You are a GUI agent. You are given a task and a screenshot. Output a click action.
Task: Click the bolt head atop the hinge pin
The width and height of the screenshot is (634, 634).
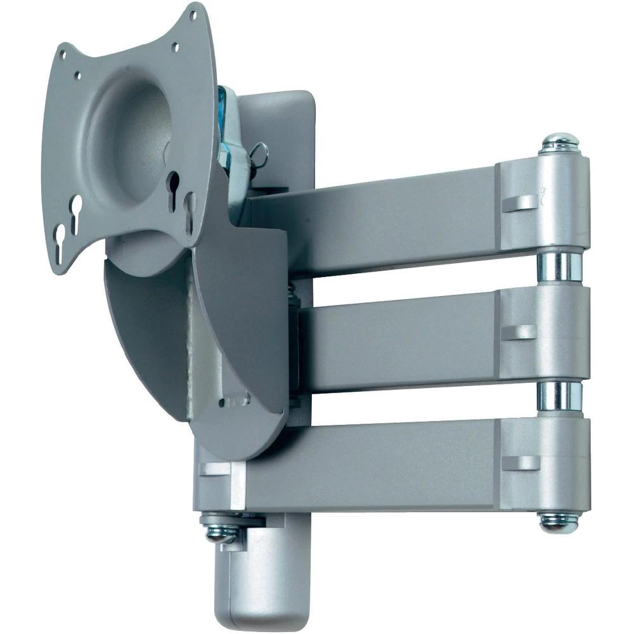[x=559, y=143]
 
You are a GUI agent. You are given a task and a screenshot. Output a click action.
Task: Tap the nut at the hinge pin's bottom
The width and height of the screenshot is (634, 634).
[x=559, y=521]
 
